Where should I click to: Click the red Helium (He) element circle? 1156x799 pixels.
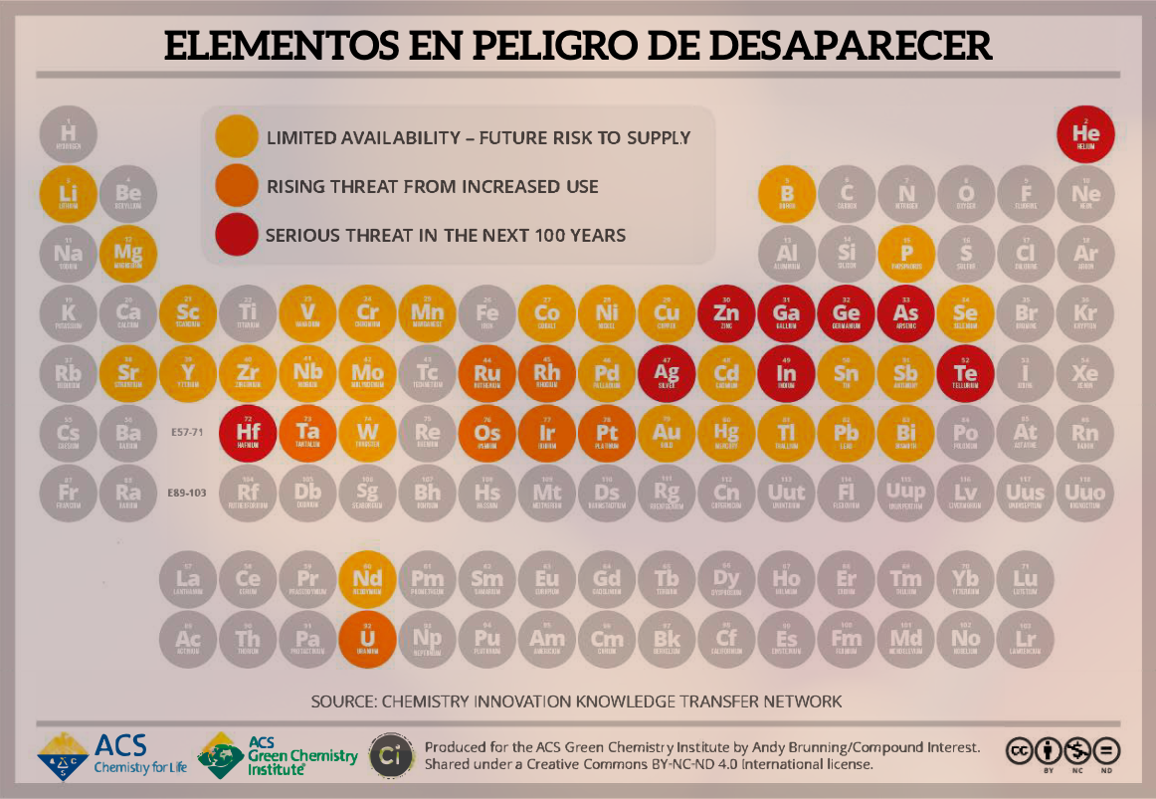(x=1085, y=134)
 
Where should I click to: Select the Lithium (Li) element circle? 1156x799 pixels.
(x=69, y=194)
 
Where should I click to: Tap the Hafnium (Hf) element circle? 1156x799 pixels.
(x=248, y=433)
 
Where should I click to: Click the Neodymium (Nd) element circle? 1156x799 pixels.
(x=367, y=578)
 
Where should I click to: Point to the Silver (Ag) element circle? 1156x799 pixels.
(x=667, y=373)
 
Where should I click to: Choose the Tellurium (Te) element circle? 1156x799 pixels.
(x=965, y=373)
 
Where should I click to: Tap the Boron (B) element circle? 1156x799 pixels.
(x=786, y=194)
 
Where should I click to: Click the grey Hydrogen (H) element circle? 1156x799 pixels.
(x=69, y=134)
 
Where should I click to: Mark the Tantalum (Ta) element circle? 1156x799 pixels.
(x=307, y=433)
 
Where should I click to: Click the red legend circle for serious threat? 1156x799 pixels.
(x=236, y=236)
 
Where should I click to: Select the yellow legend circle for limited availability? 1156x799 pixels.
(x=236, y=137)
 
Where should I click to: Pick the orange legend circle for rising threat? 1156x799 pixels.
(x=236, y=186)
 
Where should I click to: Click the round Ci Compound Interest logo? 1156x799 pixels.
(x=387, y=755)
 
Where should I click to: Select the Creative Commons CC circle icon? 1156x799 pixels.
(x=1021, y=750)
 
